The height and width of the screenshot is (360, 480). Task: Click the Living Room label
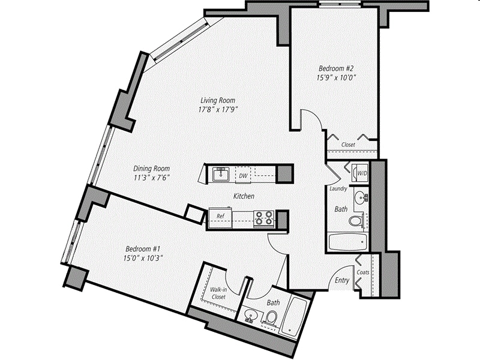coord(217,100)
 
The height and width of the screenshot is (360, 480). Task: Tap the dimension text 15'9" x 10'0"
coord(337,77)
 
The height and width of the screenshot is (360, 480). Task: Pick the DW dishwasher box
coord(243,175)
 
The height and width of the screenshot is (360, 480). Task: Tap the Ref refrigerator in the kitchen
coord(220,216)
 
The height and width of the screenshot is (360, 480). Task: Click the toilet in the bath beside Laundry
coord(356,222)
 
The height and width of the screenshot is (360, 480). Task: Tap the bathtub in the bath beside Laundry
coord(348,243)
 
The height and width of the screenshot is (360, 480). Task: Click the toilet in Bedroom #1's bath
coord(272,318)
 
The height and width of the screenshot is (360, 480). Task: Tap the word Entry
coord(342,281)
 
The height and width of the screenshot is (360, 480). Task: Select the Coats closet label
coord(364,272)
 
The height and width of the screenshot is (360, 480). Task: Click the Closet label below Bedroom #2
coord(348,145)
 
